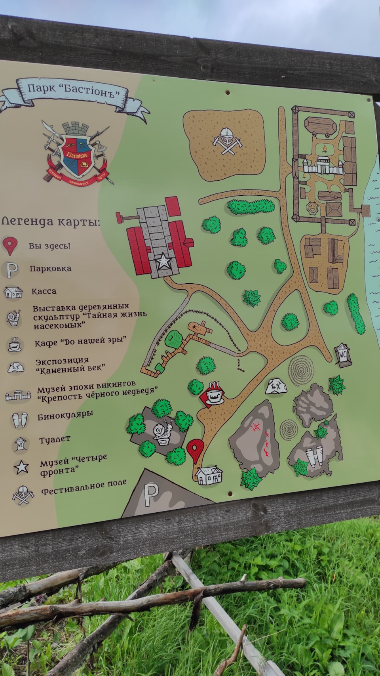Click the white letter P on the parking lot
pyautogui.click(x=150, y=494)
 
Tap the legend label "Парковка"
pyautogui.click(x=50, y=269)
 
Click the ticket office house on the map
pyautogui.click(x=209, y=475)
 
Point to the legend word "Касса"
pyautogui.click(x=44, y=291)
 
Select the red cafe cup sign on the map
pyautogui.click(x=213, y=393)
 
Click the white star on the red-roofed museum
pyautogui.click(x=163, y=262)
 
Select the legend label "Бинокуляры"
pyautogui.click(x=65, y=415)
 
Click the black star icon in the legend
pyautogui.click(x=21, y=467)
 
